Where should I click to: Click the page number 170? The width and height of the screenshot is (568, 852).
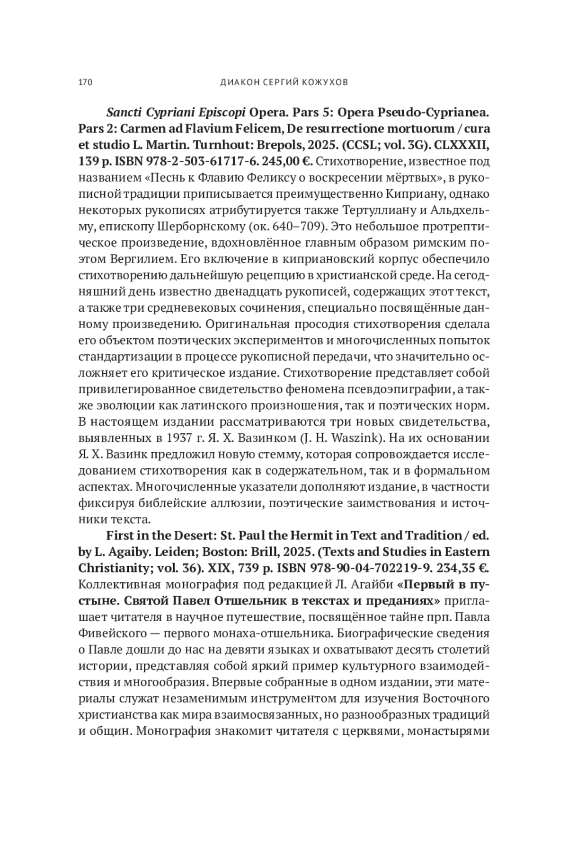(85, 82)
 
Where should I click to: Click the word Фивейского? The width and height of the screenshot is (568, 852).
(109, 633)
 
